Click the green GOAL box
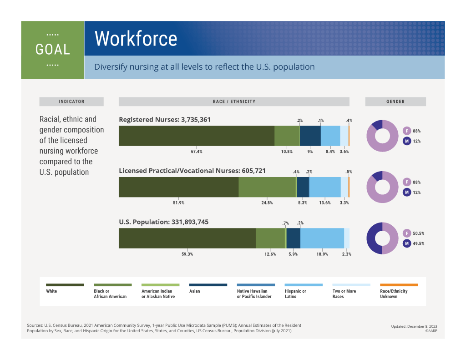(x=52, y=50)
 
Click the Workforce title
(x=136, y=39)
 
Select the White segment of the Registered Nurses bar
(x=196, y=136)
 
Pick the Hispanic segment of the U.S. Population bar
(x=322, y=238)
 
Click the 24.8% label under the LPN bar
(x=267, y=203)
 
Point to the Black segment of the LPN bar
(x=267, y=187)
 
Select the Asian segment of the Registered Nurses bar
(x=310, y=136)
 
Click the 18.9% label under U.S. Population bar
(x=322, y=254)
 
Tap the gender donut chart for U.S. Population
(x=382, y=238)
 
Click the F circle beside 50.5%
(x=407, y=233)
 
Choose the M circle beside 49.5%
(x=407, y=243)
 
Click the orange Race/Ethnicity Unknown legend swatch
(x=399, y=285)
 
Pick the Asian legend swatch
(x=208, y=285)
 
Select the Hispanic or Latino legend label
(x=295, y=294)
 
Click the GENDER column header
(x=395, y=101)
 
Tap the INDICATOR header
(x=71, y=101)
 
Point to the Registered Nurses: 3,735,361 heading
(x=165, y=120)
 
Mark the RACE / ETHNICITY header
(x=234, y=101)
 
